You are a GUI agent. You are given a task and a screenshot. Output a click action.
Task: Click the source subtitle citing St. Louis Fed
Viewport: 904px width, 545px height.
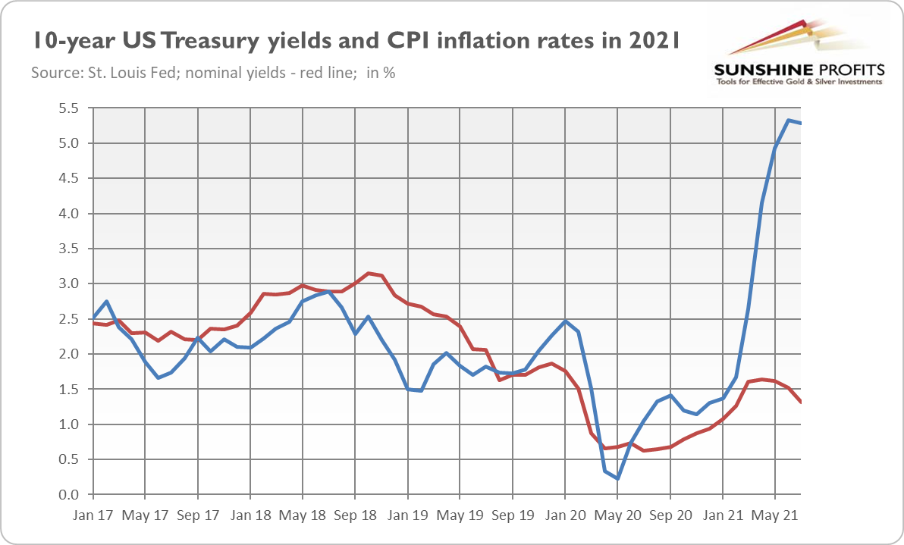(213, 74)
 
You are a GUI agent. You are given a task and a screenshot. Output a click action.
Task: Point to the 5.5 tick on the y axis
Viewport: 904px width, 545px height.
(68, 108)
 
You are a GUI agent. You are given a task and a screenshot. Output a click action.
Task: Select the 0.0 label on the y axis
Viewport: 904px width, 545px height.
(68, 495)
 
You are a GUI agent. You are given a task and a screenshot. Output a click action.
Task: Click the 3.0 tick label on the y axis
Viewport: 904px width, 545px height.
(68, 284)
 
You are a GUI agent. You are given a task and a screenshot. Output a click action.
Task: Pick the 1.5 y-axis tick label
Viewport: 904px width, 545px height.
(68, 390)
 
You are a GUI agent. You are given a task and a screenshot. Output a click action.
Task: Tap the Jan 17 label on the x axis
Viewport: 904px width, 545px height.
(93, 515)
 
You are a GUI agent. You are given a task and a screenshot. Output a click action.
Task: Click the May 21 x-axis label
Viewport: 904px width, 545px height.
(774, 515)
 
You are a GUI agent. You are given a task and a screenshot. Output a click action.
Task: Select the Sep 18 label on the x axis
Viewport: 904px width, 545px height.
(355, 515)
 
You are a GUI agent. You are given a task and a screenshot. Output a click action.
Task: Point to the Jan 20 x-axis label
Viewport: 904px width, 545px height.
(565, 515)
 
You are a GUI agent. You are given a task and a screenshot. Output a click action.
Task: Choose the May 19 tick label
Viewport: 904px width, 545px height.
(460, 515)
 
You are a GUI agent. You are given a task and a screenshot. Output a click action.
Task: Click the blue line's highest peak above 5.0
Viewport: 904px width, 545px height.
(789, 121)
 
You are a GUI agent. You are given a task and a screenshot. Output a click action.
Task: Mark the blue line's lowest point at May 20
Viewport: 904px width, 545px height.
(618, 479)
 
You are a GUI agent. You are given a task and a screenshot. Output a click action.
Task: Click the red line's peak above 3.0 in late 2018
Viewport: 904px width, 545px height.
(369, 273)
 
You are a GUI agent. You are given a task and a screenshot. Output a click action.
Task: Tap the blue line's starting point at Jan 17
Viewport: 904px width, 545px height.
(93, 318)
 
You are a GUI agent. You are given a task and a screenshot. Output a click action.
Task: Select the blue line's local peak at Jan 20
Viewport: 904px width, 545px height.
(565, 321)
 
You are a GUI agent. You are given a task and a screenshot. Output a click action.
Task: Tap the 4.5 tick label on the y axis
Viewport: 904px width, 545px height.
(68, 179)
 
